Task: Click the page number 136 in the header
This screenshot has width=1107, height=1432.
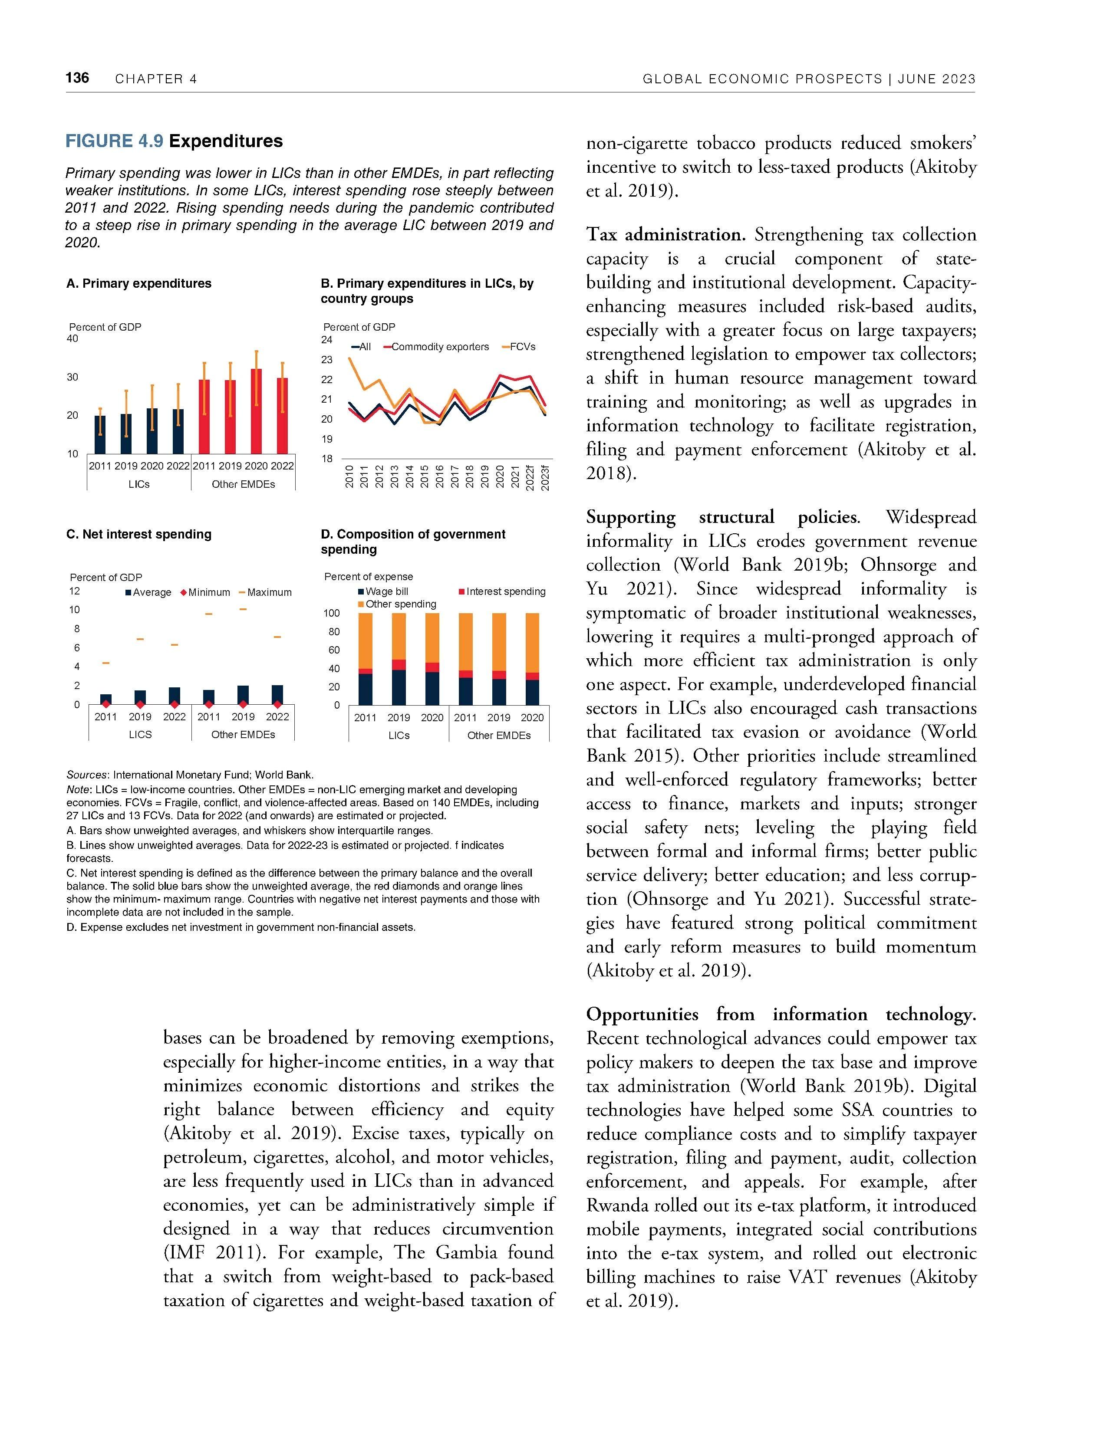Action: click(77, 78)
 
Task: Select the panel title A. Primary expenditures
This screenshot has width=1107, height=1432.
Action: click(139, 283)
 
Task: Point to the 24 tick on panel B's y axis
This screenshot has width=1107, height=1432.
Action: click(326, 340)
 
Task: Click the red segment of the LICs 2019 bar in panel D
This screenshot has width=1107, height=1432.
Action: click(399, 665)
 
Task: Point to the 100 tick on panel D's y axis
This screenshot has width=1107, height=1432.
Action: click(331, 613)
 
